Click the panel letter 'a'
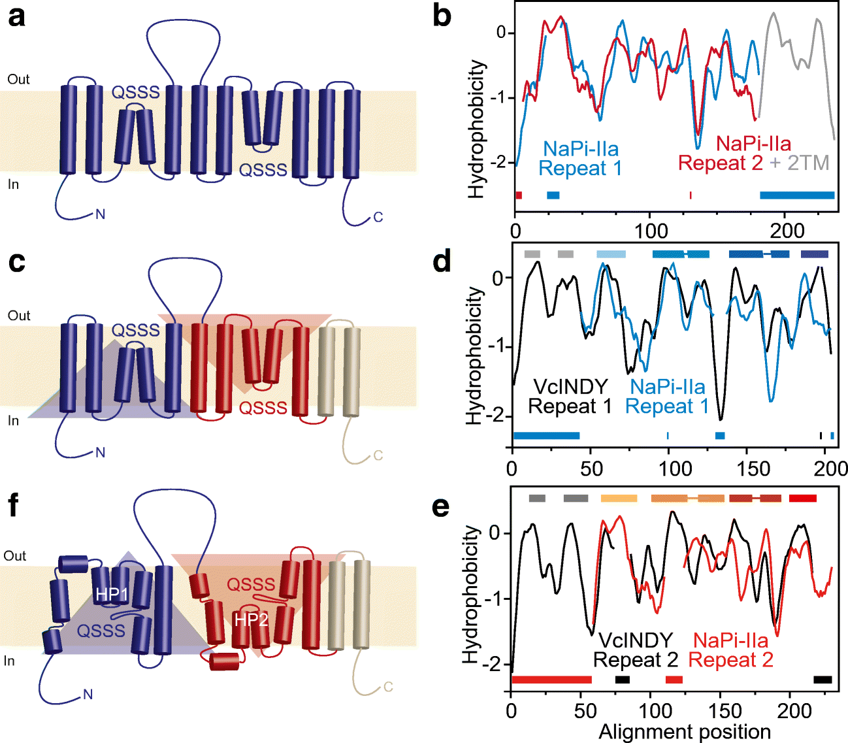tap(16, 16)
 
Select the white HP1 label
tap(112, 594)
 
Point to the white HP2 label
tap(252, 619)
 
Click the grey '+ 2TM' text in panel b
tap(799, 163)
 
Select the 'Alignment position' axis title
tap(684, 732)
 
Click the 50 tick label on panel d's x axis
tap(591, 468)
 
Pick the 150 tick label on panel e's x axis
tap(725, 711)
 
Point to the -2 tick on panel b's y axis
tap(502, 162)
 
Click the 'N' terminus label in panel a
tap(100, 214)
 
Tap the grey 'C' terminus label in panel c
tap(378, 455)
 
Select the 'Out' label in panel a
tap(18, 79)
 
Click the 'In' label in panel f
tap(9, 661)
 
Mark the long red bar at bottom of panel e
tap(551, 680)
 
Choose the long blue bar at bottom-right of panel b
tap(797, 195)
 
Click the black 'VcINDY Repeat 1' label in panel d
tap(570, 397)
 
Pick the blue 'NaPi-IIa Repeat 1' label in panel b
tap(580, 158)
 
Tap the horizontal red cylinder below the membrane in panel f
tap(225, 661)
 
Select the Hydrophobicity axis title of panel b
tap(478, 129)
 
